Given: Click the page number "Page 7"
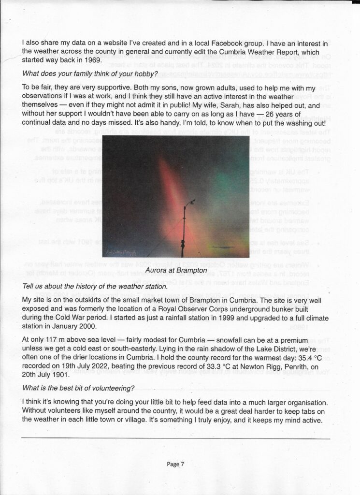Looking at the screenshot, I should (x=176, y=464).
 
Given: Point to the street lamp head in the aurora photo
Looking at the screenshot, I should (x=191, y=202).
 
